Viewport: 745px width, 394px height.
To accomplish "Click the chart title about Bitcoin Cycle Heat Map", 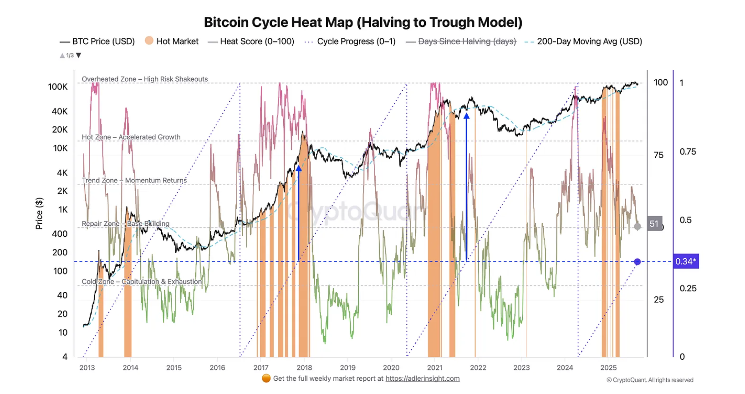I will tap(363, 22).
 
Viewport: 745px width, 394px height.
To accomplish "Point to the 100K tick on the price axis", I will tap(58, 87).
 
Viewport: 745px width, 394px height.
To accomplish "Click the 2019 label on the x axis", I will tap(348, 368).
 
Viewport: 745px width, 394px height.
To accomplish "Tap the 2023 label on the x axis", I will tap(521, 368).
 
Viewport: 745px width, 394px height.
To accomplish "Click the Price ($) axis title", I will tap(39, 213).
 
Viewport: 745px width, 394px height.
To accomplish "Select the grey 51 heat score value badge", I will tap(654, 224).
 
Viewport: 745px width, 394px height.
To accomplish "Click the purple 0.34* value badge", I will tap(685, 261).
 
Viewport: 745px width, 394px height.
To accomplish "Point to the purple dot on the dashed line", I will tap(638, 262).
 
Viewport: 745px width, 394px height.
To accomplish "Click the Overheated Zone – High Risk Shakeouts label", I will tap(145, 79).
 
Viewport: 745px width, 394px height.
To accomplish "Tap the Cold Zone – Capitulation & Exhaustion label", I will tap(142, 281).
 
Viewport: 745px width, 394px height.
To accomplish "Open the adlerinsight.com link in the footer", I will tap(422, 378).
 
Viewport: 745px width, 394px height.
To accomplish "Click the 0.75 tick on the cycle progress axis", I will tap(688, 152).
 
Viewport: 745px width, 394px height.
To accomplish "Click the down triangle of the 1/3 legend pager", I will tap(79, 55).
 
